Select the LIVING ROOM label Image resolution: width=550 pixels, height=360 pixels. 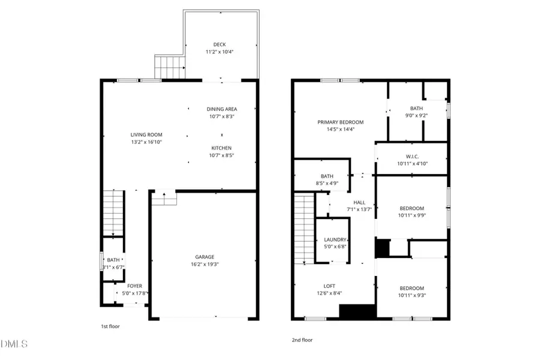pyautogui.click(x=146, y=134)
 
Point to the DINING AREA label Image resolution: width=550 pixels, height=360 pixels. pyautogui.click(x=221, y=109)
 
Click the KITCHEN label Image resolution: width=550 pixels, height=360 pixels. pyautogui.click(x=221, y=148)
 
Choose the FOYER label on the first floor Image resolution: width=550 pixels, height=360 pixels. pyautogui.click(x=135, y=286)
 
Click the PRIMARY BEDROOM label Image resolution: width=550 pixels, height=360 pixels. pyautogui.click(x=340, y=122)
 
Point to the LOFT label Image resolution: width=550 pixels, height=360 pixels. pyautogui.click(x=329, y=286)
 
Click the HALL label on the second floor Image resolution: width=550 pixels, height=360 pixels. pyautogui.click(x=360, y=203)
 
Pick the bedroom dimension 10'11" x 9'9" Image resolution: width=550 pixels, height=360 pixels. pyautogui.click(x=412, y=215)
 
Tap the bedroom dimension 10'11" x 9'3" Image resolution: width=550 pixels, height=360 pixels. pyautogui.click(x=412, y=295)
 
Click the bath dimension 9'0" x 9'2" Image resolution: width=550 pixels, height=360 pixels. pyautogui.click(x=416, y=116)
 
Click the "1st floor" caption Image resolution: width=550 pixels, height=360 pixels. pyautogui.click(x=109, y=326)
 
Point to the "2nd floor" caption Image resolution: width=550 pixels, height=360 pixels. pyautogui.click(x=302, y=340)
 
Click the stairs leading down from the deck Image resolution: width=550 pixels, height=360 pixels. pyautogui.click(x=169, y=67)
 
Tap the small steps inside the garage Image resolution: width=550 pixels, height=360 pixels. pyautogui.click(x=163, y=198)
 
